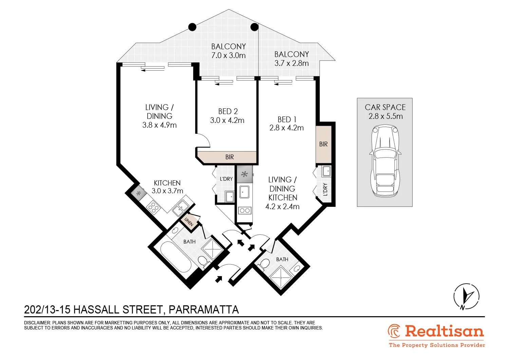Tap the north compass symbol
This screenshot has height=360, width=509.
466,296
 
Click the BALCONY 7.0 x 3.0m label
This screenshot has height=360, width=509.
228,51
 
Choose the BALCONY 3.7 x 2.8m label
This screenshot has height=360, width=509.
291,59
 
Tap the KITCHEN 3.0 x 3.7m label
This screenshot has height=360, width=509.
167,187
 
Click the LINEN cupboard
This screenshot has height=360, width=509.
189,221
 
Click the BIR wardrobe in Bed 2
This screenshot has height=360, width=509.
229,157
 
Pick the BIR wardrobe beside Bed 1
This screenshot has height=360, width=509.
323,144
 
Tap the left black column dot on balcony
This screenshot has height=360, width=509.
192,27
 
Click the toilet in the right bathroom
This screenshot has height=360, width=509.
264,264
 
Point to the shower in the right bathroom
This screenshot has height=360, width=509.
281,277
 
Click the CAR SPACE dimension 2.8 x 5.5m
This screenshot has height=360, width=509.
385,116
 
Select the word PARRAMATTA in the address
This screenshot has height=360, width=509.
204,310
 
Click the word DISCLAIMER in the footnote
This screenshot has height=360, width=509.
37,323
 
